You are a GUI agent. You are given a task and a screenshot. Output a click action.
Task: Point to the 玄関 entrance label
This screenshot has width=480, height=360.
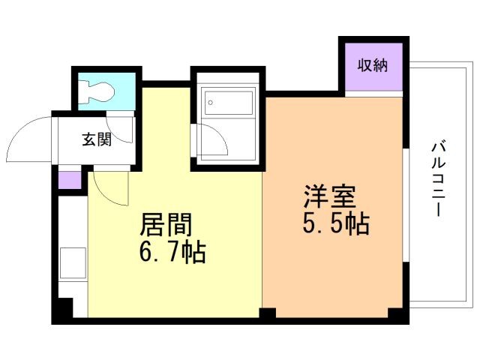click(97, 139)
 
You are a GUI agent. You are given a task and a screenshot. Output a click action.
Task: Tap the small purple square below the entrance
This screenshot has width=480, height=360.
click(69, 181)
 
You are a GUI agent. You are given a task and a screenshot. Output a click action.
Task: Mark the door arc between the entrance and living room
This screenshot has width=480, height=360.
click(112, 187)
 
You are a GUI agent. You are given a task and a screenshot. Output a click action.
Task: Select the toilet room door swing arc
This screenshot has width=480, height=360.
click(118, 124)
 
